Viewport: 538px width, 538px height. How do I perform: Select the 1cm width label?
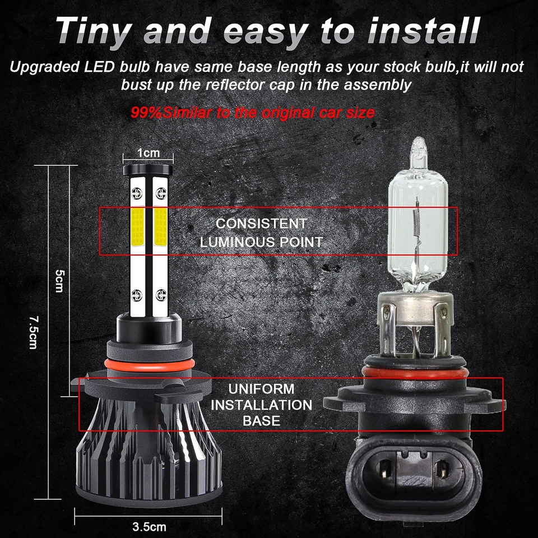pos(149,152)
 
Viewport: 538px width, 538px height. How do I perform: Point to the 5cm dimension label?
pos(59,281)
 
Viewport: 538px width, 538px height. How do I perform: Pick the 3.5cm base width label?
pos(149,527)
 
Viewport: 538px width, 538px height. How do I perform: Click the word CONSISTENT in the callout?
pos(262,224)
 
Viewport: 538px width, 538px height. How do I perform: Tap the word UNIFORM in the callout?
pos(261,389)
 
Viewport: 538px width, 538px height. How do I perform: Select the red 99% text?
pos(146,113)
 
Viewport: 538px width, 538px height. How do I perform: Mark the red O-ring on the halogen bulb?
pos(415,373)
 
